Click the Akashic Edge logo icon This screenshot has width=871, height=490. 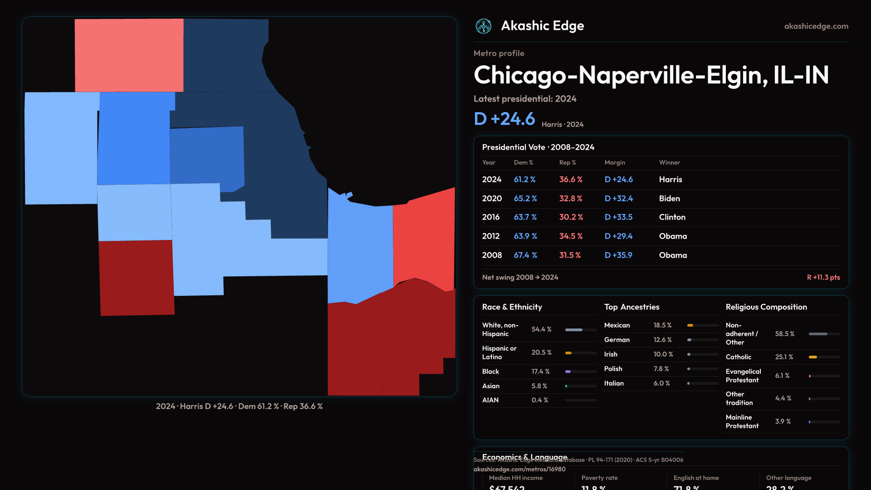tap(483, 26)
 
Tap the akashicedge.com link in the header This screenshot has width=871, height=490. tap(816, 26)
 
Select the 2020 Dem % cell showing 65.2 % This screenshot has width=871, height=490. tap(525, 199)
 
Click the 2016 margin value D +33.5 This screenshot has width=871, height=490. tap(618, 217)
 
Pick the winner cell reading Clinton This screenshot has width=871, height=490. tap(672, 217)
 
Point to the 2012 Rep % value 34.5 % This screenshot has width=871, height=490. tap(571, 236)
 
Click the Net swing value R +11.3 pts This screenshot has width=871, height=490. tap(823, 277)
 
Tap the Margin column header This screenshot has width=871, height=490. tap(615, 162)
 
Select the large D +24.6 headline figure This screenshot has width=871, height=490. tap(504, 119)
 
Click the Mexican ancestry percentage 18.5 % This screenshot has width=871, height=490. tap(662, 325)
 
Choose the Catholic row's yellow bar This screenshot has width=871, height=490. tap(813, 357)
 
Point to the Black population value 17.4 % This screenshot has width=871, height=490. tap(540, 372)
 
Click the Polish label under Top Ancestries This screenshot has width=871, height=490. tap(613, 369)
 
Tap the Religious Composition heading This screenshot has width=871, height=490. tap(766, 307)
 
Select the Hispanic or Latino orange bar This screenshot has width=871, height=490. tap(568, 353)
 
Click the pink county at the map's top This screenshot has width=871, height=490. tap(129, 55)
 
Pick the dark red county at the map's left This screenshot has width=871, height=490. tap(136, 278)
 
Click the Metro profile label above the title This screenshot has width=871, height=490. tap(499, 53)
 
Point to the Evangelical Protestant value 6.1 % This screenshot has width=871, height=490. tap(782, 376)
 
